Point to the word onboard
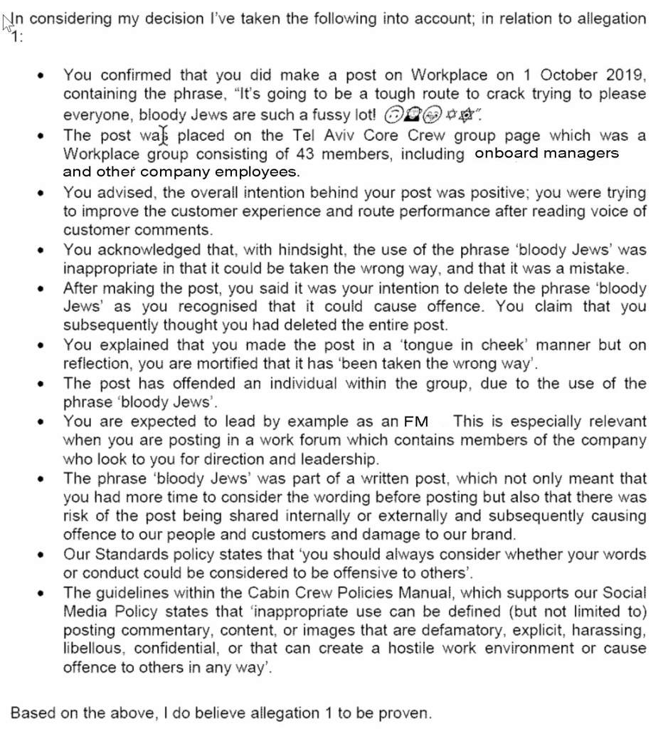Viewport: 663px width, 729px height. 507,153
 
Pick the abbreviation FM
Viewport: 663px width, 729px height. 416,421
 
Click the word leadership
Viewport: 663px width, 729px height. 329,458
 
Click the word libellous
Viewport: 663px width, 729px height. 96,649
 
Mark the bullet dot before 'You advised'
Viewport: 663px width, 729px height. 44,193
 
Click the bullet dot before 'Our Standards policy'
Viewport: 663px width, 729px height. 44,554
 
